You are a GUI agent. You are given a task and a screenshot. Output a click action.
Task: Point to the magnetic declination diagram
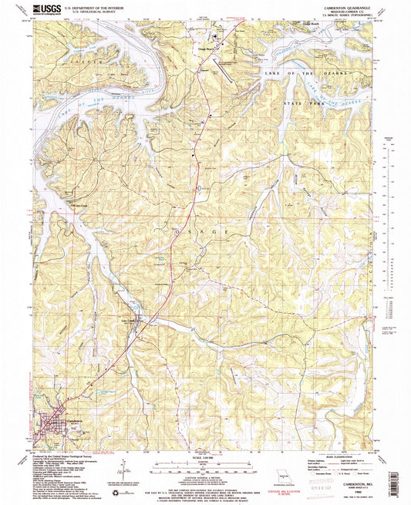(124, 469)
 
